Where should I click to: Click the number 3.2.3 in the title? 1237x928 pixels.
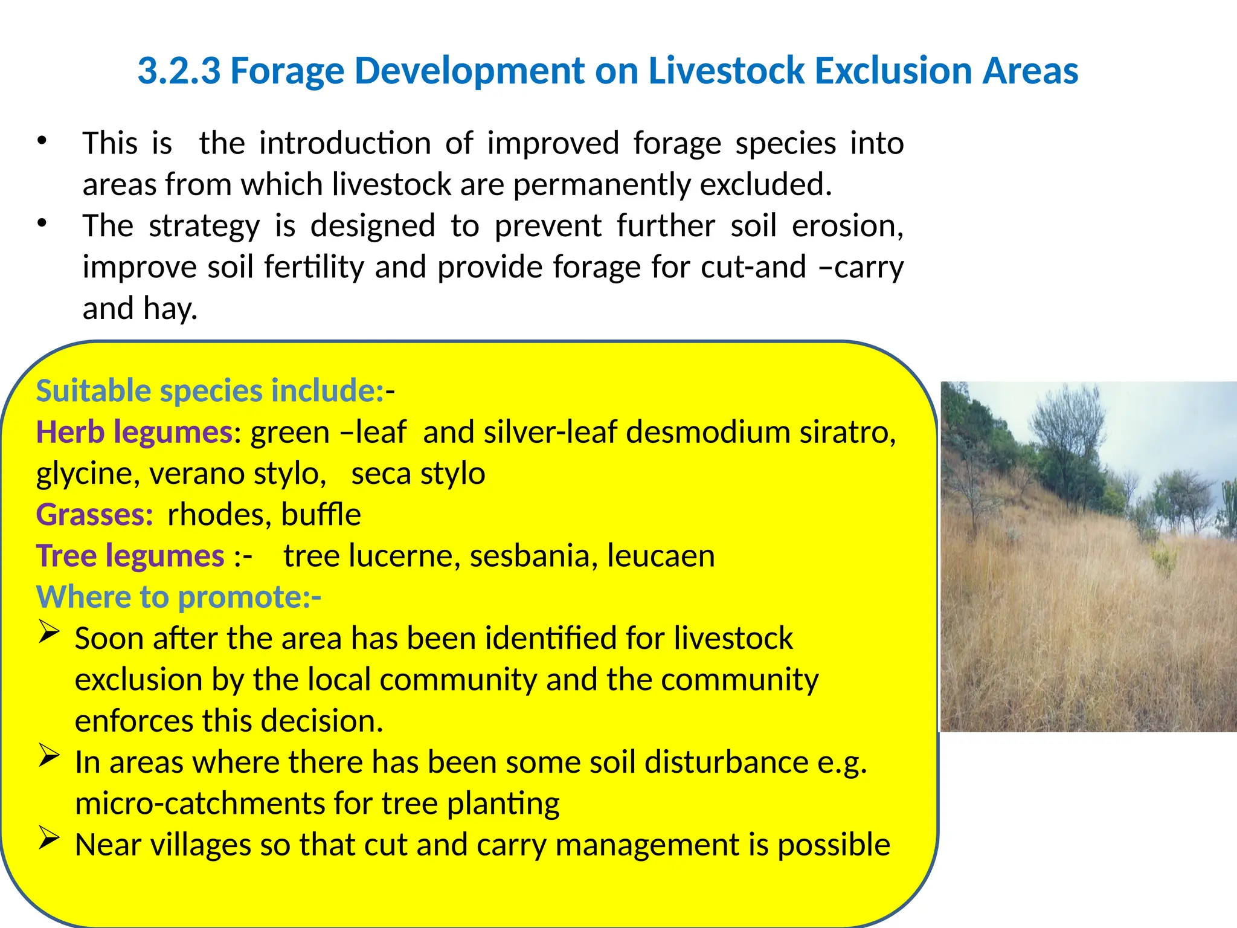click(179, 71)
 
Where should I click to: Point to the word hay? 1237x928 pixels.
click(170, 309)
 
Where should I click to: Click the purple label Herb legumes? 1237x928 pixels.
click(134, 433)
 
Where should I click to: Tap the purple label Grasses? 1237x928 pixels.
click(95, 515)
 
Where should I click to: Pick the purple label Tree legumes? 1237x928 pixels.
click(130, 556)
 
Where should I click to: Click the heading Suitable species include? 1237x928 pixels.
click(209, 391)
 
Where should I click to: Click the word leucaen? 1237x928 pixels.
click(661, 556)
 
